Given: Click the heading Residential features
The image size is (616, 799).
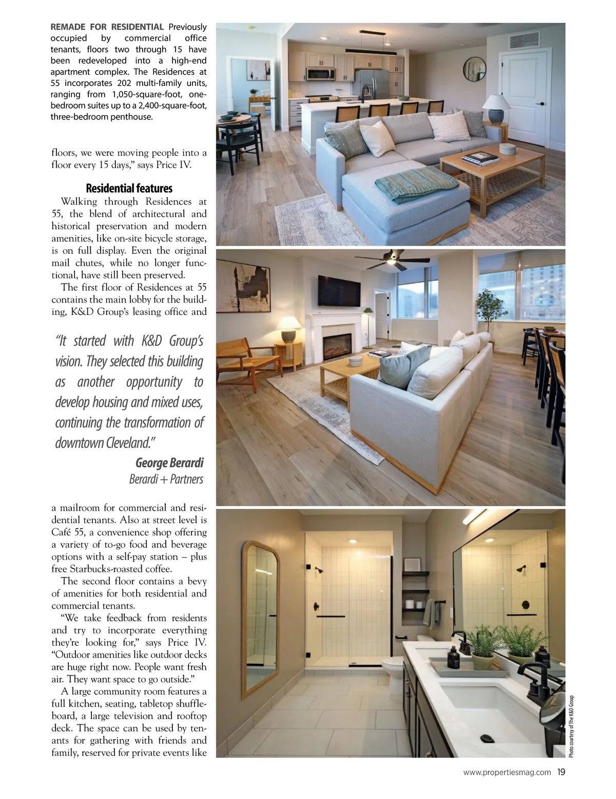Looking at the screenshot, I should tap(129, 188).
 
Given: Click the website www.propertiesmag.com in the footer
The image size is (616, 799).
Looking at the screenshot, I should tap(507, 772).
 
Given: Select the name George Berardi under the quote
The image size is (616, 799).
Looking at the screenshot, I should tap(169, 463).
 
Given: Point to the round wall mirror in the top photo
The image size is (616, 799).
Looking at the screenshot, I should tap(474, 69).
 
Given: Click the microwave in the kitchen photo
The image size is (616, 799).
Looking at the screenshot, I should tap(320, 74).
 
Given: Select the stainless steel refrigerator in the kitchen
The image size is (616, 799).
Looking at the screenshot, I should tap(372, 84).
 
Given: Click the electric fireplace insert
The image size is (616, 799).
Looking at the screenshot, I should tap(337, 346).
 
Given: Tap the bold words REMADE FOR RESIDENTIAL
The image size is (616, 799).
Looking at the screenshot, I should tap(107, 27).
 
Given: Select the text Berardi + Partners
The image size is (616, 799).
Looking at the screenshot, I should tap(166, 479).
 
